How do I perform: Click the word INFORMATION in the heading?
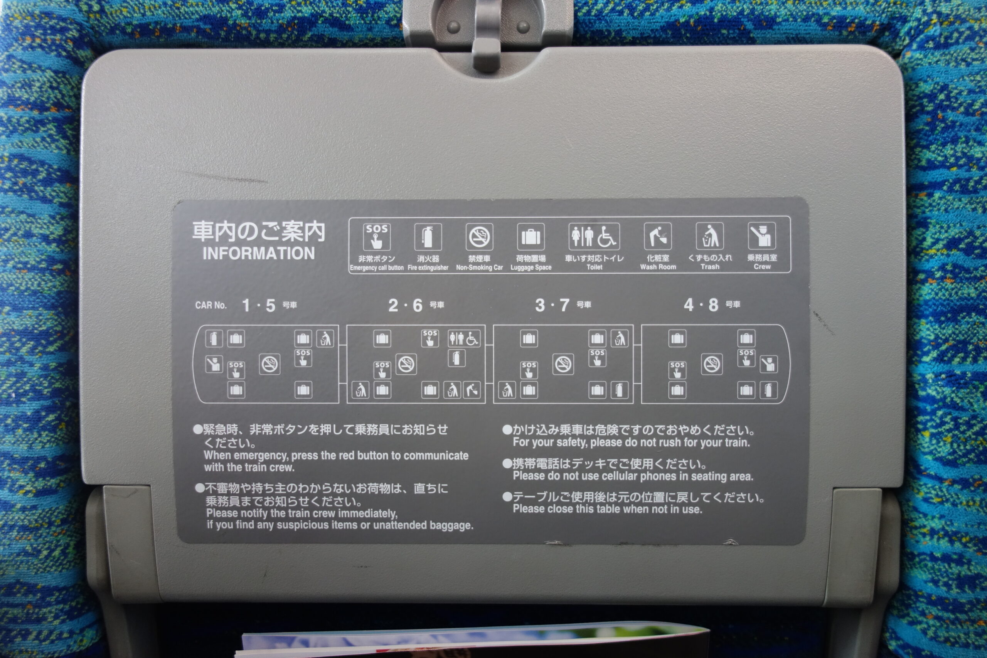[258, 254]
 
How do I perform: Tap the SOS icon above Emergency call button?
[376, 237]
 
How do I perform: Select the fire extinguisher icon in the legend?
[428, 237]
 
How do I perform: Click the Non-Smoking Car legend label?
[479, 267]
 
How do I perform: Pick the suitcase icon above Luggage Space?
[531, 237]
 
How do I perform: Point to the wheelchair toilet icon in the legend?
[594, 236]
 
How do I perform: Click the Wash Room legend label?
[658, 267]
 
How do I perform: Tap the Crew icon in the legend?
[762, 236]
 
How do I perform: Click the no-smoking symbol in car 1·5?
[269, 364]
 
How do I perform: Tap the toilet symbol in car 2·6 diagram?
[463, 338]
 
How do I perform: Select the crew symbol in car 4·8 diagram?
[769, 364]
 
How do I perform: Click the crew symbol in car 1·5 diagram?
[214, 364]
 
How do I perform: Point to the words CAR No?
[211, 305]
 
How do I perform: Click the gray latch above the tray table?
[487, 34]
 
